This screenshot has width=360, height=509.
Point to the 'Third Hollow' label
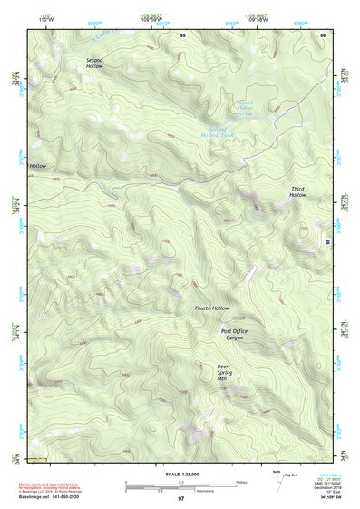297,191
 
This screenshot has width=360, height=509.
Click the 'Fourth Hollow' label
211,308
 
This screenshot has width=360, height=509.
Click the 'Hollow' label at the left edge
37,167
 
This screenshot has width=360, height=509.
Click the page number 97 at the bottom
180,499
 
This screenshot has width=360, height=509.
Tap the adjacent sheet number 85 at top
181,34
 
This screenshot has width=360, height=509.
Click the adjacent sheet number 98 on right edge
326,241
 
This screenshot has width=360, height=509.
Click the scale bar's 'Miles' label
241,481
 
